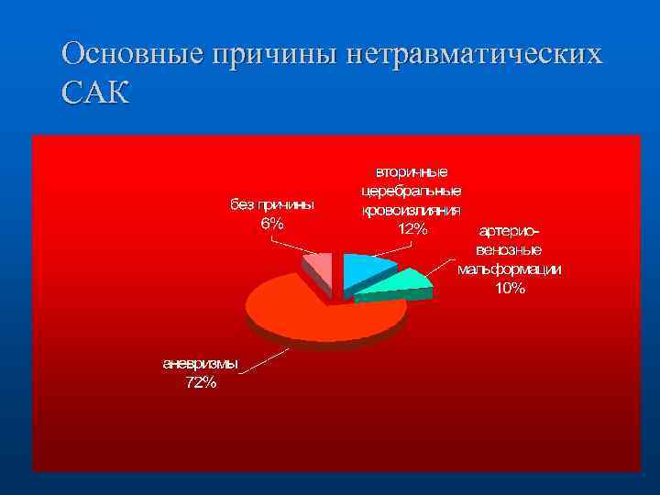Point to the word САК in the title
[x=95, y=93]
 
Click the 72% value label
[x=201, y=383]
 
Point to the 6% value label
[x=271, y=224]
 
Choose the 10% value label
[x=510, y=289]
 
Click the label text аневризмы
[x=201, y=364]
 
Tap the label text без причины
[x=271, y=204]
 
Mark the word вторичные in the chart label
[x=412, y=171]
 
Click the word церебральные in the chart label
[x=412, y=191]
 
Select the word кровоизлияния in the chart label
[x=412, y=210]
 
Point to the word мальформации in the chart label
[x=510, y=269]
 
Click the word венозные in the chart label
[x=510, y=249]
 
